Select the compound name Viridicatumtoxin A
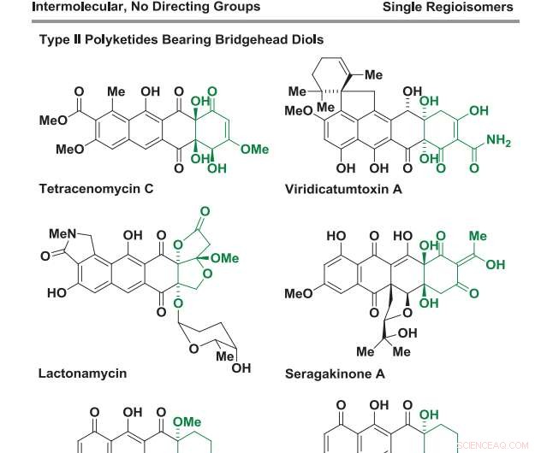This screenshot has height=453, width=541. pyautogui.click(x=343, y=189)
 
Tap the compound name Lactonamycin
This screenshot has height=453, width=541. pyautogui.click(x=82, y=373)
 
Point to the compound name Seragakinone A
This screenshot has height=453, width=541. pyautogui.click(x=335, y=374)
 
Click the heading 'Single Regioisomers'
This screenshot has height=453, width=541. pyautogui.click(x=448, y=8)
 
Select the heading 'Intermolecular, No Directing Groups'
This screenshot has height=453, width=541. pyautogui.click(x=146, y=8)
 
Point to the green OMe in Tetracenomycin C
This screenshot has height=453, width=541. pyautogui.click(x=254, y=150)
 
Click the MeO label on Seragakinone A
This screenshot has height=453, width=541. pyautogui.click(x=299, y=294)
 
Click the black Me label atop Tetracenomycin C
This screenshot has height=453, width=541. pyautogui.click(x=116, y=91)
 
